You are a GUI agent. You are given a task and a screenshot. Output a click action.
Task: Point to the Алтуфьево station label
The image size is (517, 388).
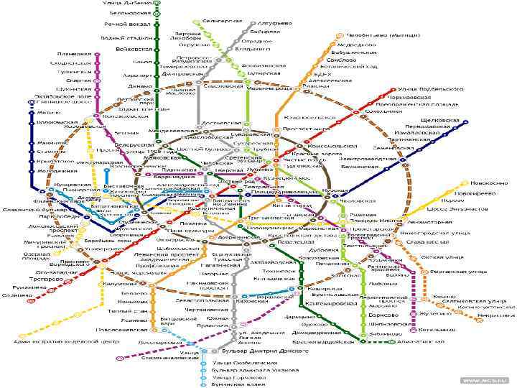tap(275, 24)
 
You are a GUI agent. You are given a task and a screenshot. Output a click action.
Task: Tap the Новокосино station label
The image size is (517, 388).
tap(470, 183)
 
